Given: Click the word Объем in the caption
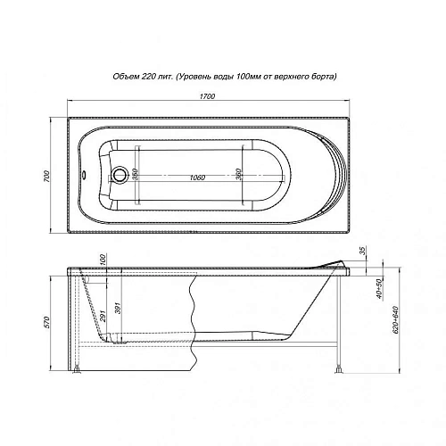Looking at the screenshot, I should pos(128,78).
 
